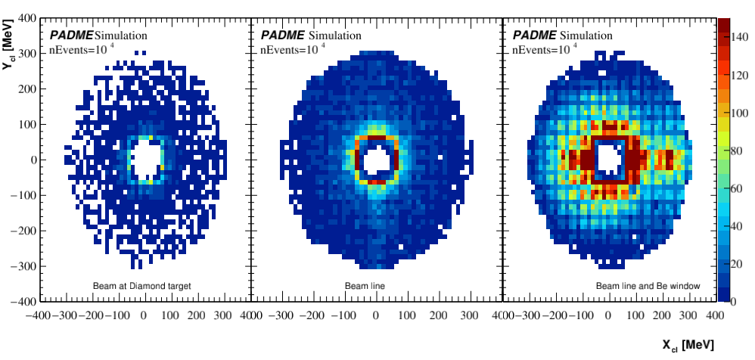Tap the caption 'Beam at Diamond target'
point(142,286)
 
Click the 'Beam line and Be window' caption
point(648,286)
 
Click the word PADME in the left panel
point(71,36)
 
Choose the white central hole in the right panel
point(608,159)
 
